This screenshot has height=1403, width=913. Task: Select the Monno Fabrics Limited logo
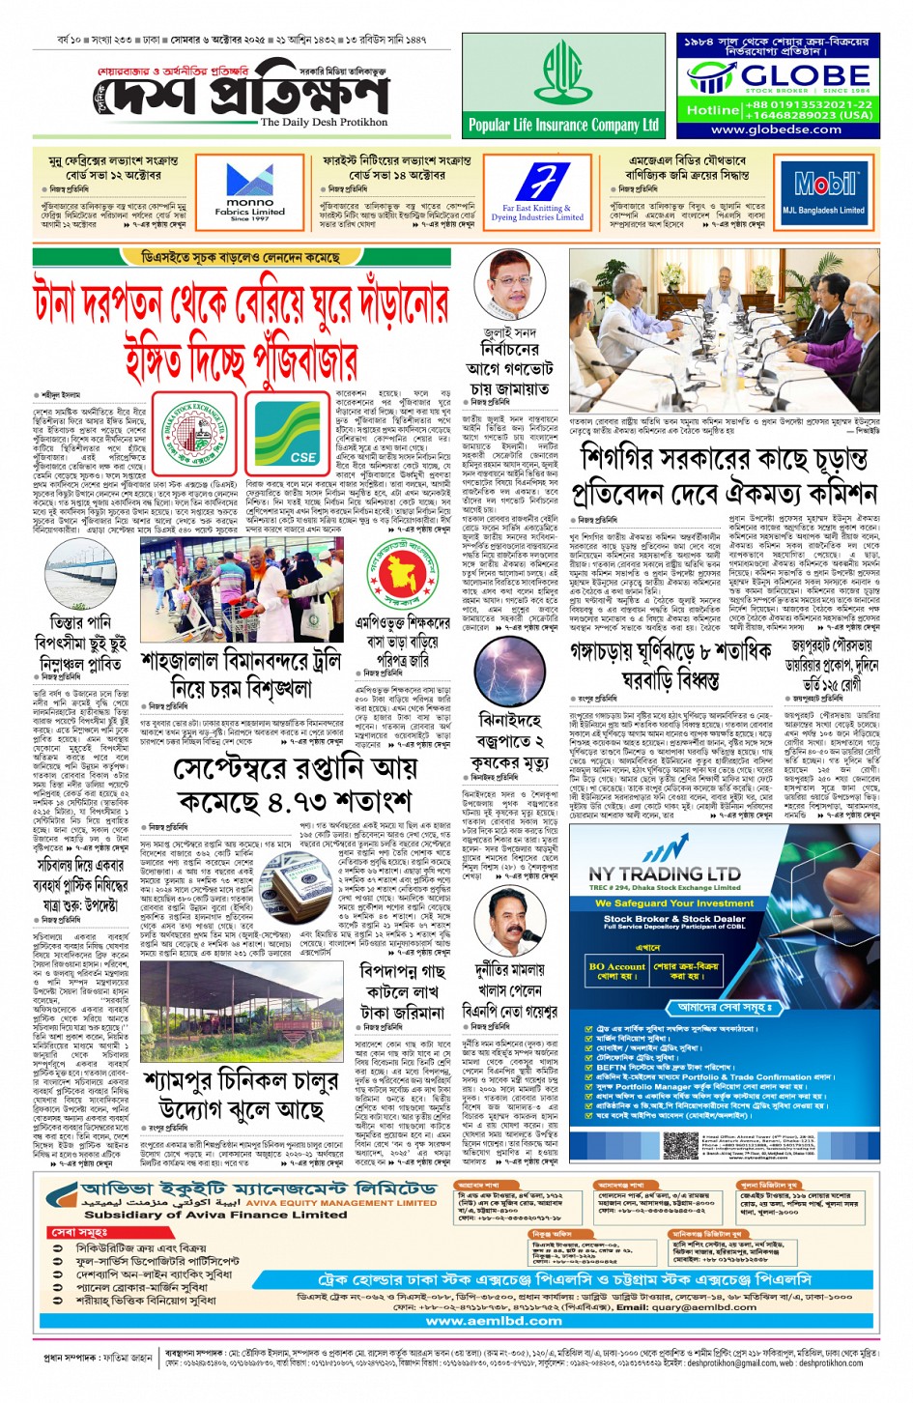tap(249, 191)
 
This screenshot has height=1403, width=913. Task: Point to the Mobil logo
tap(824, 184)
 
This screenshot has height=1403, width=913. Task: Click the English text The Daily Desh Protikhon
tap(324, 123)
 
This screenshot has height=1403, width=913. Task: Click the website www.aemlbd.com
tap(494, 1321)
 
